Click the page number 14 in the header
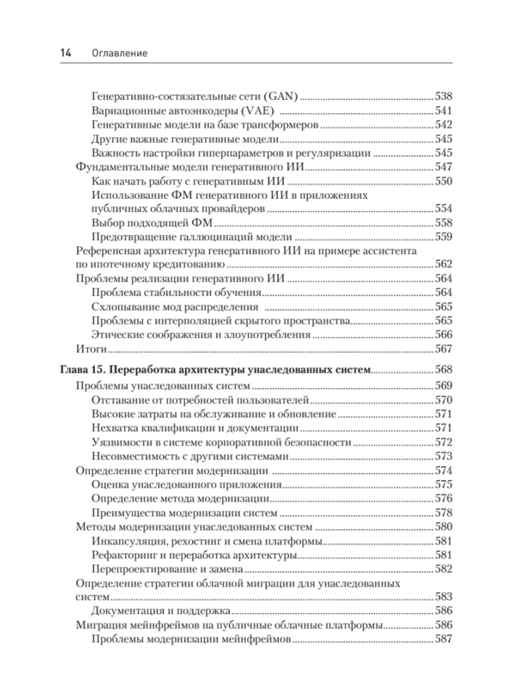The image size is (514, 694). pos(66,53)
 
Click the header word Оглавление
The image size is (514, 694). pos(120,53)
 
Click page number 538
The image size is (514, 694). pos(444,96)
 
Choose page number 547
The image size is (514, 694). pos(444,167)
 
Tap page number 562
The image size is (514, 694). pos(444,264)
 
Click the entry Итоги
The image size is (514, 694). pos(91,349)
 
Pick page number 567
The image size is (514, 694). pos(444,349)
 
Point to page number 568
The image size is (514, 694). pos(444,369)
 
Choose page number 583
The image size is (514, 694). pos(444,597)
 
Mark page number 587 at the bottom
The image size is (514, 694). pos(444,639)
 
